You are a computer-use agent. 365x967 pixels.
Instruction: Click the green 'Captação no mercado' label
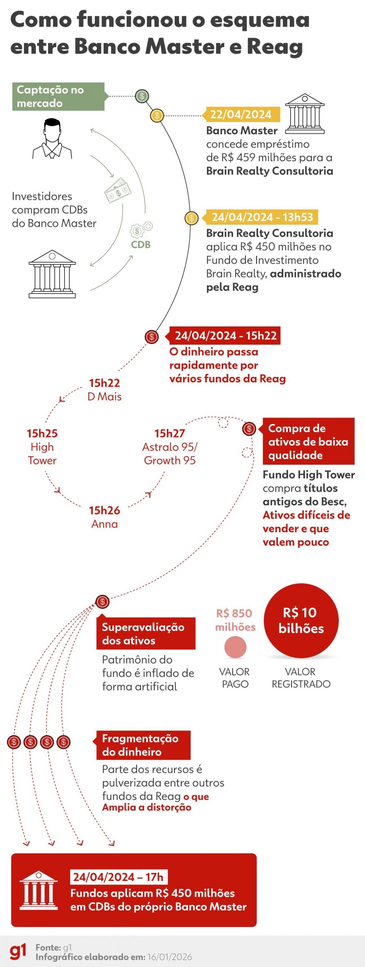(x=58, y=96)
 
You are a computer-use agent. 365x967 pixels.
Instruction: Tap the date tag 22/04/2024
(x=241, y=114)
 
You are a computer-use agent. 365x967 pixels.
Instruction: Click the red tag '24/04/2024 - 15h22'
(x=225, y=335)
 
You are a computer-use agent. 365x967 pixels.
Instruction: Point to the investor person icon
(x=52, y=139)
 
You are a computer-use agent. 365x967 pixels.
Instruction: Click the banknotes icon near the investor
(x=118, y=190)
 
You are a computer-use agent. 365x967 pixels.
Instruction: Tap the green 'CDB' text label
(x=141, y=244)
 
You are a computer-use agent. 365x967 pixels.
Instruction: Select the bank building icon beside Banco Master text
(x=304, y=114)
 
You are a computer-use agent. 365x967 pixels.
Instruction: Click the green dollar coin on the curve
(x=142, y=96)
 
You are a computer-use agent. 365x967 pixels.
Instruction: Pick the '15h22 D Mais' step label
(x=104, y=389)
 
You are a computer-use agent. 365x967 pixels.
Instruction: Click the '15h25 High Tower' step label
(x=42, y=447)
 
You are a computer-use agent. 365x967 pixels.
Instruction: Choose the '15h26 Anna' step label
(x=104, y=517)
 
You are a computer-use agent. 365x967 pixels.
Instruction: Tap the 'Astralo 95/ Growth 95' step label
(x=170, y=447)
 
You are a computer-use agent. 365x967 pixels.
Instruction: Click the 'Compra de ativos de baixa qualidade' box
(x=308, y=441)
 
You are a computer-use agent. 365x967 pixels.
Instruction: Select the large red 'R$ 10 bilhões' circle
(x=301, y=620)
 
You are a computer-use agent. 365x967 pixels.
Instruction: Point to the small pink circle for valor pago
(x=235, y=647)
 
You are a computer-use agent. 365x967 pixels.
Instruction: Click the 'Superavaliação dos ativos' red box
(x=146, y=633)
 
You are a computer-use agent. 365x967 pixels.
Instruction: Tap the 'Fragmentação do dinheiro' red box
(x=143, y=745)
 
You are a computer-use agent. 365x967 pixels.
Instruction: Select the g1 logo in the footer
(x=18, y=952)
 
